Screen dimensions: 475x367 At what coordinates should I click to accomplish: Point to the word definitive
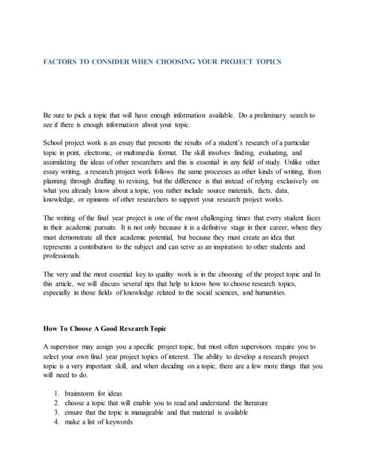[x=188, y=228]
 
